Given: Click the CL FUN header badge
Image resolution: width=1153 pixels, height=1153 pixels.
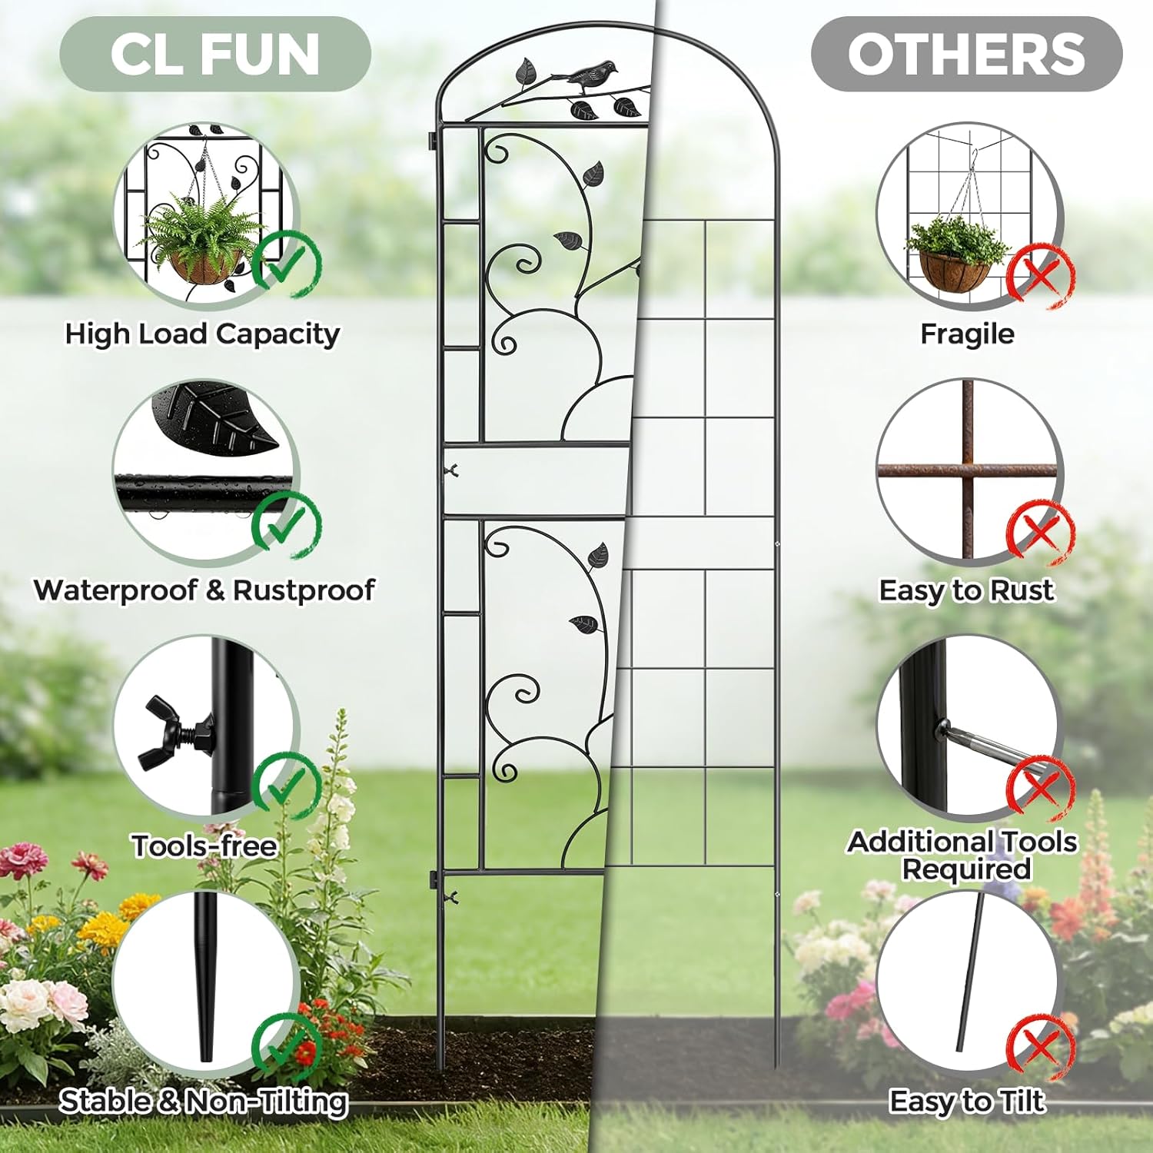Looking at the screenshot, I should point(215,55).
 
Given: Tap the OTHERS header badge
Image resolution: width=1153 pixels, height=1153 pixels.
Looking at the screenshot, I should point(966,55).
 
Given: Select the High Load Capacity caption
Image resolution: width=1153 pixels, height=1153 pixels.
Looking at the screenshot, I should point(202,334).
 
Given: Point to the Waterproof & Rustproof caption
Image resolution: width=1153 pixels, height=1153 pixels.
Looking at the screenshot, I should point(204,590).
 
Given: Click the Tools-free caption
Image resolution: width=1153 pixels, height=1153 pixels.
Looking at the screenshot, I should point(204,846).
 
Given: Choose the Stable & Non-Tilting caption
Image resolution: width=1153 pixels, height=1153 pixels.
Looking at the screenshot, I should point(204,1101).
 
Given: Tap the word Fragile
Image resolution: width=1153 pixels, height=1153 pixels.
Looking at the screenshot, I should point(967,334).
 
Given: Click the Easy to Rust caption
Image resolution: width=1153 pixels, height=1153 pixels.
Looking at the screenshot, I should point(966,590).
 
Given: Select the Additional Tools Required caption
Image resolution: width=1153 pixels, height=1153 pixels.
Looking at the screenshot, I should point(963,855).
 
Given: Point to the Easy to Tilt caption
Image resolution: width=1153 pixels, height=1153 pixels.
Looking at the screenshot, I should point(967,1101).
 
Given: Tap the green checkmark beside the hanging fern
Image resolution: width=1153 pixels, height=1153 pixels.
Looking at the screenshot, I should point(287,263).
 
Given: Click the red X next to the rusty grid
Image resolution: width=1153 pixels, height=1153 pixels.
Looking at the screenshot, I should point(1040,530).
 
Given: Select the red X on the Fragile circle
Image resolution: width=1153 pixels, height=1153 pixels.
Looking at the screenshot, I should point(1040,274).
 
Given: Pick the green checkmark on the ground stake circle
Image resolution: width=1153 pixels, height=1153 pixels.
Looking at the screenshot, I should point(286,1045).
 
